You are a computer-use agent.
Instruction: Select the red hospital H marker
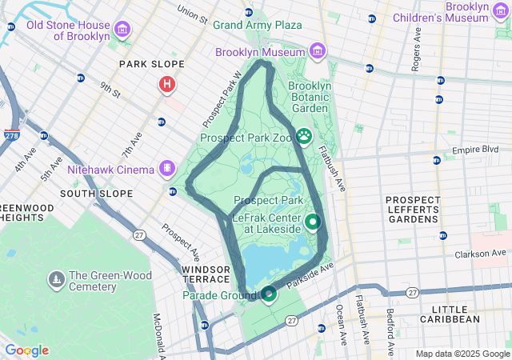tap(167, 83)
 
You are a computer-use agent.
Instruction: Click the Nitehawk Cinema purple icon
tap(166, 168)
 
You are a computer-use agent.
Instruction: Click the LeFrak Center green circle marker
tap(313, 222)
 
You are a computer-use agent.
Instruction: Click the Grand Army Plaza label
tap(257, 25)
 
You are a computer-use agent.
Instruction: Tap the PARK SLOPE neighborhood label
tap(151, 64)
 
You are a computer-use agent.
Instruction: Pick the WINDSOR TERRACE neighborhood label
tap(210, 275)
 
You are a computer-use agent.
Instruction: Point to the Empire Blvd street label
tap(475, 150)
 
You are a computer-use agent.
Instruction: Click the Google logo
tap(26, 350)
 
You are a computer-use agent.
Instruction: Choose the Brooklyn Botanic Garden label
tap(308, 97)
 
